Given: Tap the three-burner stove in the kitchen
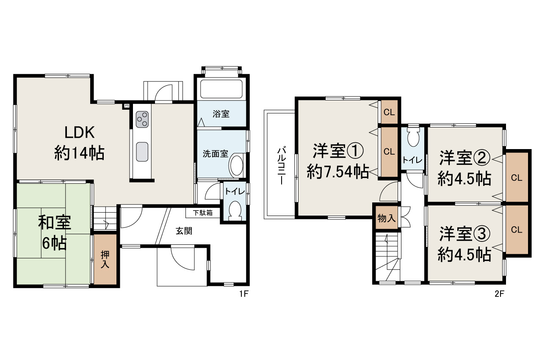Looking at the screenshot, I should point(142,119).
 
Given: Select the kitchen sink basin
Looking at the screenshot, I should point(142,150).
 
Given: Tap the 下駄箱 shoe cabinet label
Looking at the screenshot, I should point(203,213).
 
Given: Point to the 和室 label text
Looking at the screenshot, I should point(55,222).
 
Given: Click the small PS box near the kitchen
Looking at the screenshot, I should point(126,105).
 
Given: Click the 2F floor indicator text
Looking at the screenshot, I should point(500,294).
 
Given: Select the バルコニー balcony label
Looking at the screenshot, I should point(280,165).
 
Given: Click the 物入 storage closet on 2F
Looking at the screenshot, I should point(386,218).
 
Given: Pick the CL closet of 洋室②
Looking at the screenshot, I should point(517,177).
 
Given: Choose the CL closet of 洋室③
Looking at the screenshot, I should point(517,230).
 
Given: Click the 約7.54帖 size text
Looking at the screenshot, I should point(337,171).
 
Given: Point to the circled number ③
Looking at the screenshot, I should point(481,233).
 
